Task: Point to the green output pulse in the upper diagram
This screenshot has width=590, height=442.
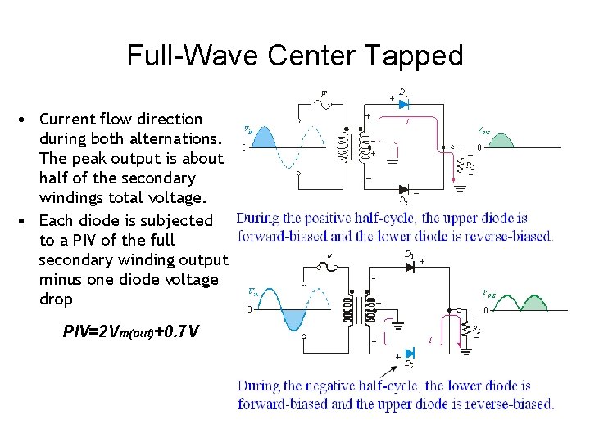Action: click(x=501, y=140)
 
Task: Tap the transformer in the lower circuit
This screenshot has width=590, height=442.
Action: click(x=361, y=310)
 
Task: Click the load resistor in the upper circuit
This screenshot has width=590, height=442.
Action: click(x=460, y=169)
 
